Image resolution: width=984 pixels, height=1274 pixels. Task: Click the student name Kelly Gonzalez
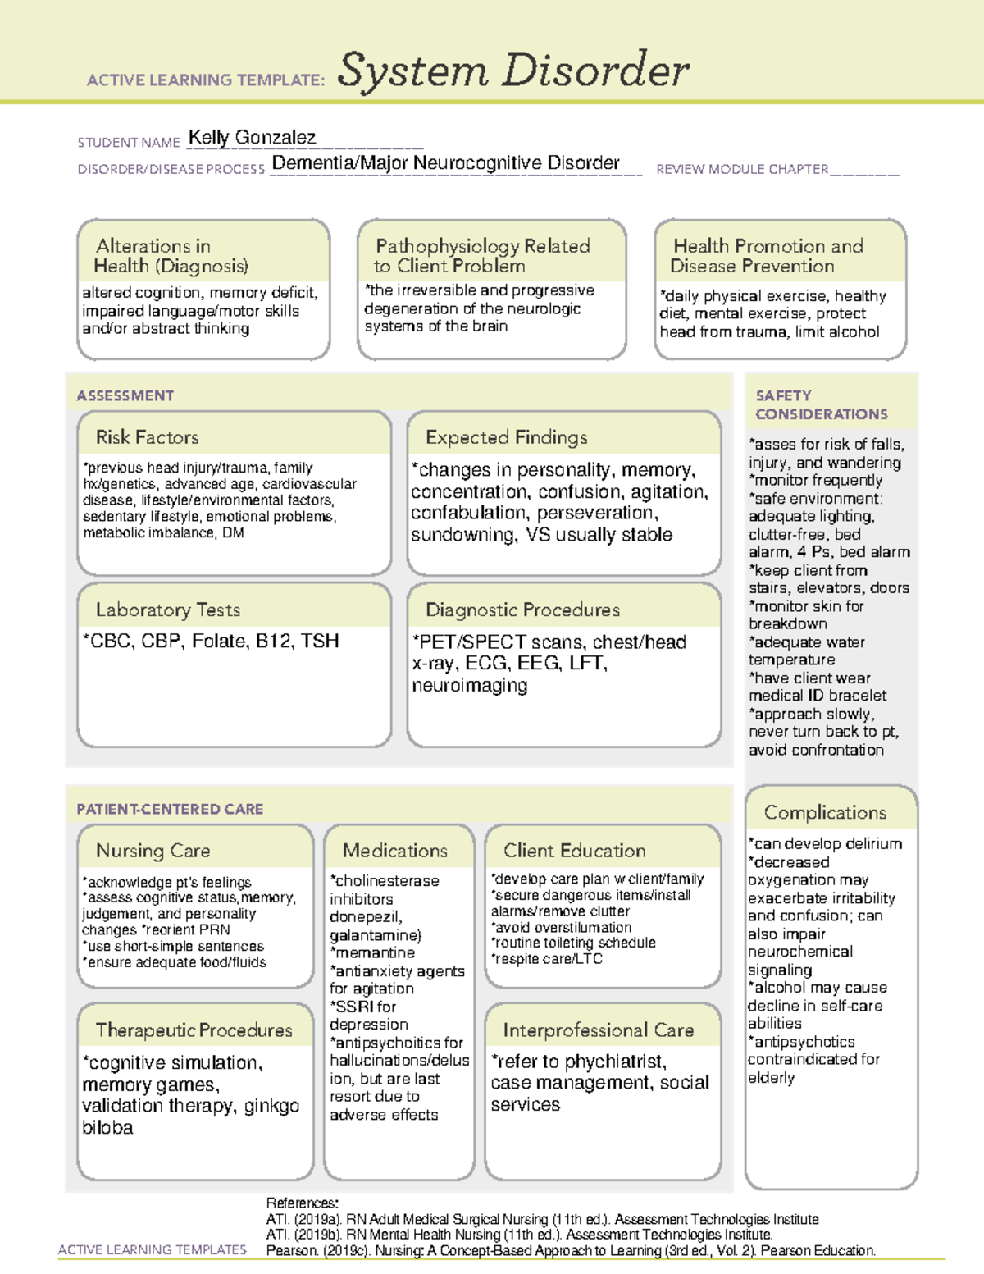252,138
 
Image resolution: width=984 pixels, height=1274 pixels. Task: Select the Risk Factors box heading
147,437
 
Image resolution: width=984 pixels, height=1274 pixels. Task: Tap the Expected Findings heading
506,437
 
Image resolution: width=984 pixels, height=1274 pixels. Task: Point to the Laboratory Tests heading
167,610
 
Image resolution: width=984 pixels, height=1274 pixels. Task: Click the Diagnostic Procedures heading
522,610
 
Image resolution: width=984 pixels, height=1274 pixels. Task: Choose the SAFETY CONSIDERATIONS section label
821,405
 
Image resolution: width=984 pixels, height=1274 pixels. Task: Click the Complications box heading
825,812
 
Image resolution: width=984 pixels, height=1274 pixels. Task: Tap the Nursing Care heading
153,851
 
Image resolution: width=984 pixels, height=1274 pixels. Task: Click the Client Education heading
574,851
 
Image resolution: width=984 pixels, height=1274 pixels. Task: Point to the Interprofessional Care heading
598,1030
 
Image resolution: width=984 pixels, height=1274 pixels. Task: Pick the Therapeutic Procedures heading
194,1030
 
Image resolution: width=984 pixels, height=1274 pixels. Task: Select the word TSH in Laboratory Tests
320,642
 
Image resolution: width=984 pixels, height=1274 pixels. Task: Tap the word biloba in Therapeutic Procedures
107,1128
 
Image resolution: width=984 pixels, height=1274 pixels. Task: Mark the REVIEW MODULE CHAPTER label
742,170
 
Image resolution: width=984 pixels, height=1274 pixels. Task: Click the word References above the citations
302,1203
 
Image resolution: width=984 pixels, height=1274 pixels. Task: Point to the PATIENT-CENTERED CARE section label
170,809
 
